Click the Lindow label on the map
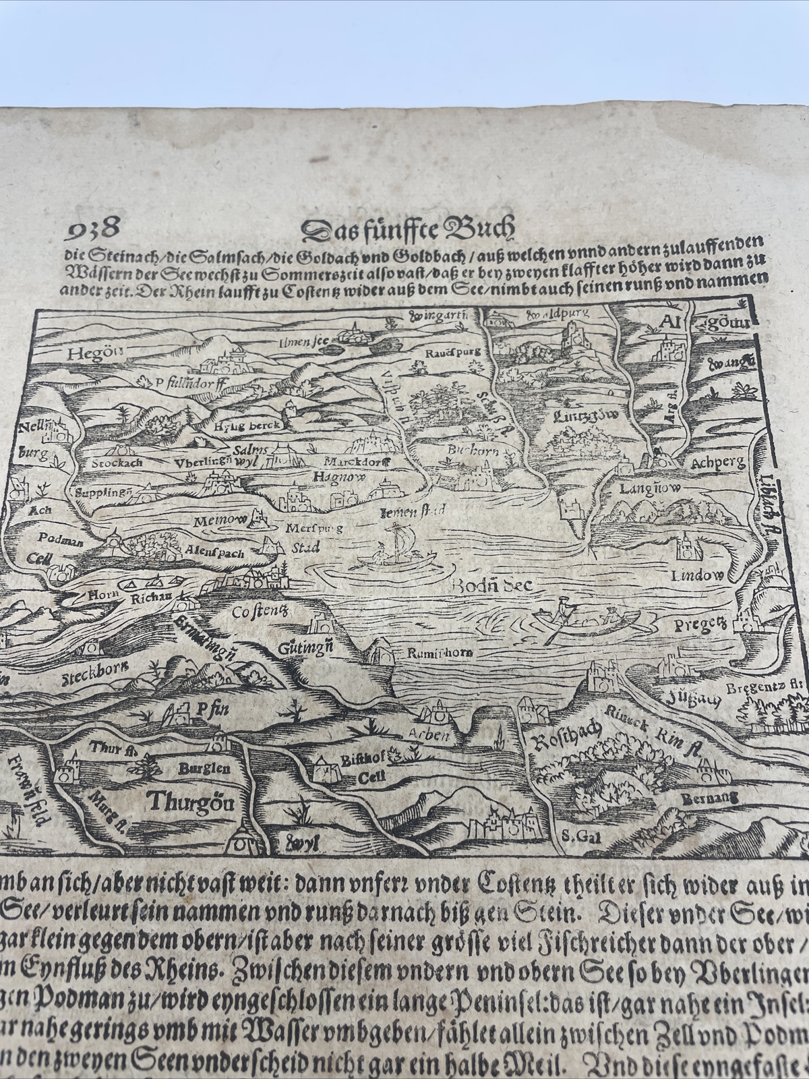click(697, 575)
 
